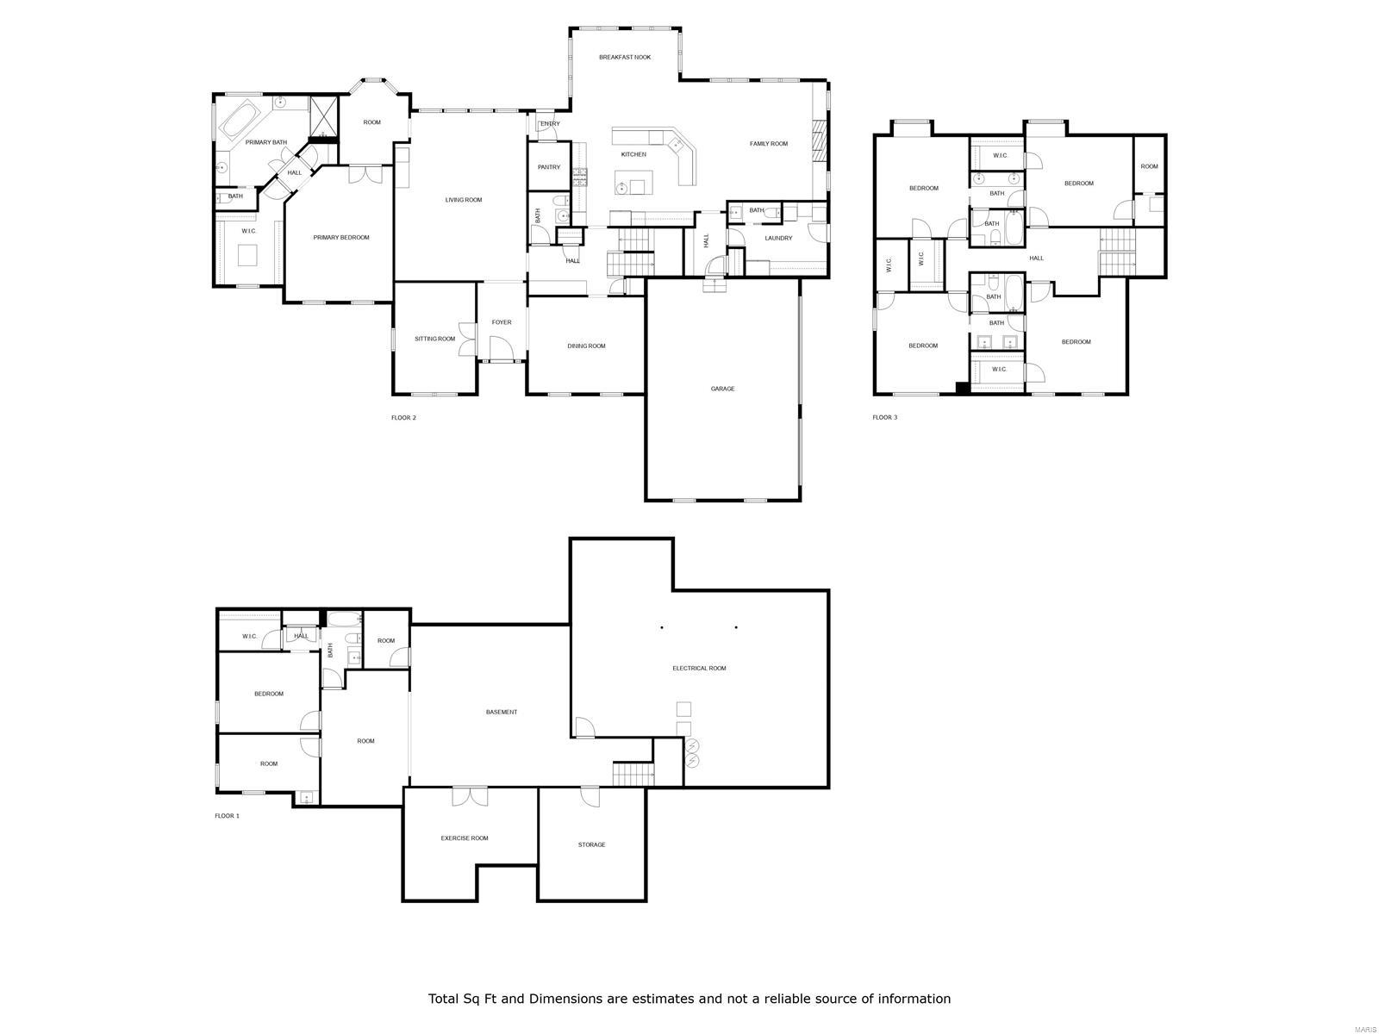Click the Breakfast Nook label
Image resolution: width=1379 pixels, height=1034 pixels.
625,57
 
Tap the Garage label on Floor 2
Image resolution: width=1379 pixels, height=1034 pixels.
722,389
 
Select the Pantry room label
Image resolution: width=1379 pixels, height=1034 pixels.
549,167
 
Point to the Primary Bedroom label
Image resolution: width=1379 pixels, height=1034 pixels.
341,238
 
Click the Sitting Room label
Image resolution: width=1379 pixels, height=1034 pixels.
434,339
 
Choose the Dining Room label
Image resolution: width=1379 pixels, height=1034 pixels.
586,346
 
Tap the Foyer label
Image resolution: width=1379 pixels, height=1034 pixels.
502,322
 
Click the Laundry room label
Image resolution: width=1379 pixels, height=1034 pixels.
778,239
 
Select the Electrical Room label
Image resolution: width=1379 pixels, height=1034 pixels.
699,668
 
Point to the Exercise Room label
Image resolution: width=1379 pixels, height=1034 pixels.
465,838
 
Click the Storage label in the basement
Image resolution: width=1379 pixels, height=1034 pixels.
591,844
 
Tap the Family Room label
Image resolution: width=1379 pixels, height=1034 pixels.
769,144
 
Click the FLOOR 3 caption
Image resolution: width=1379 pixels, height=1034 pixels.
884,418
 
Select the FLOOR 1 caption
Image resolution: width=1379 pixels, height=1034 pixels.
227,815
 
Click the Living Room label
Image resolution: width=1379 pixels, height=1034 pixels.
464,200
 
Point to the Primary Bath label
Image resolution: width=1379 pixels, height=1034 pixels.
266,142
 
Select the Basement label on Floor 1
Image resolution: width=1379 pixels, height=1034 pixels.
502,712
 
